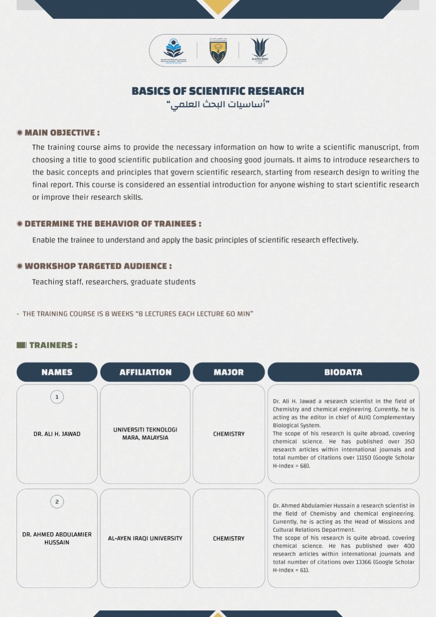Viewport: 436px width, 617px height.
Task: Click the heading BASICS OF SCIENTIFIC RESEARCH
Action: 218,91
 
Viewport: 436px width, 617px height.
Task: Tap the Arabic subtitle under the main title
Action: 218,105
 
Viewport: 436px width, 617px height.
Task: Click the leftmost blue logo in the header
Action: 173,51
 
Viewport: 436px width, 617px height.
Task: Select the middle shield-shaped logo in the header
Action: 218,51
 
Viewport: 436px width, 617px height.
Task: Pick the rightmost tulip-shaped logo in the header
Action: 259,51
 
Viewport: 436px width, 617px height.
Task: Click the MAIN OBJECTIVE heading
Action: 62,133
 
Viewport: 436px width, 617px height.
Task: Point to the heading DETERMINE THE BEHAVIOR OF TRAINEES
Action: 112,224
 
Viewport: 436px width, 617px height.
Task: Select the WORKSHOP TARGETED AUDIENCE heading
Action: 98,266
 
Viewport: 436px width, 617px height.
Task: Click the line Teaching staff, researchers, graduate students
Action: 114,282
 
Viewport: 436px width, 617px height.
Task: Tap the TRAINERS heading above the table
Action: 53,345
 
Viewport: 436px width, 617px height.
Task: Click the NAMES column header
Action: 57,372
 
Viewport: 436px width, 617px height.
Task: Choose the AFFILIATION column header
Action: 145,372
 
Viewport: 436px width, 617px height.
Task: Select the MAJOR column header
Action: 229,372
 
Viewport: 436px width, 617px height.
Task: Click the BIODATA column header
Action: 343,372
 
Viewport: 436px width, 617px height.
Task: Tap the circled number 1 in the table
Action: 57,397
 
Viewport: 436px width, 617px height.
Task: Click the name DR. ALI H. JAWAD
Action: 57,434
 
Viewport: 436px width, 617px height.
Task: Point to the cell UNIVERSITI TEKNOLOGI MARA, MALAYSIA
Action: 145,434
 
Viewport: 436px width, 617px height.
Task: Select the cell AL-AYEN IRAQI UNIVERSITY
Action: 145,539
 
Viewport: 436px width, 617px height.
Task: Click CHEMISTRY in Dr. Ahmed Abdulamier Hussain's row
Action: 229,539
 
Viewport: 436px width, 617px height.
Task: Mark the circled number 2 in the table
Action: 57,502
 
